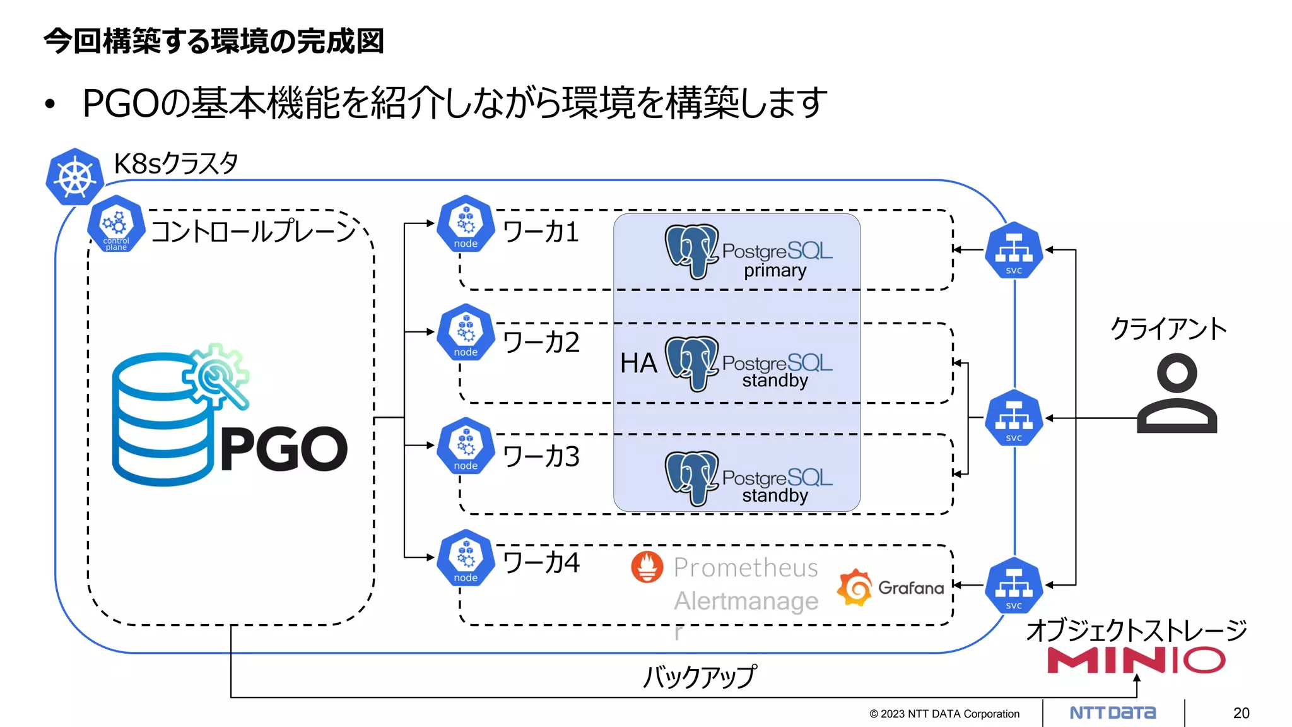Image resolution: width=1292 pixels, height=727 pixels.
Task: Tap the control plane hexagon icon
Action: (x=116, y=224)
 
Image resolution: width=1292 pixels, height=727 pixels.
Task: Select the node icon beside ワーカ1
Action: (x=466, y=224)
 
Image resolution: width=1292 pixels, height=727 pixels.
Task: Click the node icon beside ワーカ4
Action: (x=466, y=558)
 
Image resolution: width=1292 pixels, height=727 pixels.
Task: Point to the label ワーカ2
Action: (x=541, y=343)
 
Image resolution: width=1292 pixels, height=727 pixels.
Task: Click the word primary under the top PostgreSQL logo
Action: (x=775, y=271)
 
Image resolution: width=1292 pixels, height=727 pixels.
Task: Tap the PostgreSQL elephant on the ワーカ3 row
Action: (x=691, y=478)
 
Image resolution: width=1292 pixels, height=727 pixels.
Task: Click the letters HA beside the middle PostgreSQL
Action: (x=638, y=363)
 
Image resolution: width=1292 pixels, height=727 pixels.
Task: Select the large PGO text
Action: (x=284, y=449)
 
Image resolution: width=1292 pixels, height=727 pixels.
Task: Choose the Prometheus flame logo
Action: (x=647, y=567)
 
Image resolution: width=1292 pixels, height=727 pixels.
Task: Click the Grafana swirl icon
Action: (x=855, y=588)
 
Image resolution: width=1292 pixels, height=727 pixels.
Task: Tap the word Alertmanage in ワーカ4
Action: (x=746, y=601)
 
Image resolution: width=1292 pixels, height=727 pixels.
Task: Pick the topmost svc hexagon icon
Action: (x=1014, y=251)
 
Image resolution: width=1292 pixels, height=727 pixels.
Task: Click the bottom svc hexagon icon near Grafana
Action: (x=1014, y=586)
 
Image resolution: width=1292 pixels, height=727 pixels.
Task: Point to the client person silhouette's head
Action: (x=1177, y=372)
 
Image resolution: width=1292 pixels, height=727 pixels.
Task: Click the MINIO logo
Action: (x=1136, y=661)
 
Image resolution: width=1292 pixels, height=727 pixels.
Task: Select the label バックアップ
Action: (x=699, y=677)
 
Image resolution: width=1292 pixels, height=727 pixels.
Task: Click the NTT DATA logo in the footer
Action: (x=1112, y=713)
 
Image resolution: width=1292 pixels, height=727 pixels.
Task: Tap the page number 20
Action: (x=1241, y=713)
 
